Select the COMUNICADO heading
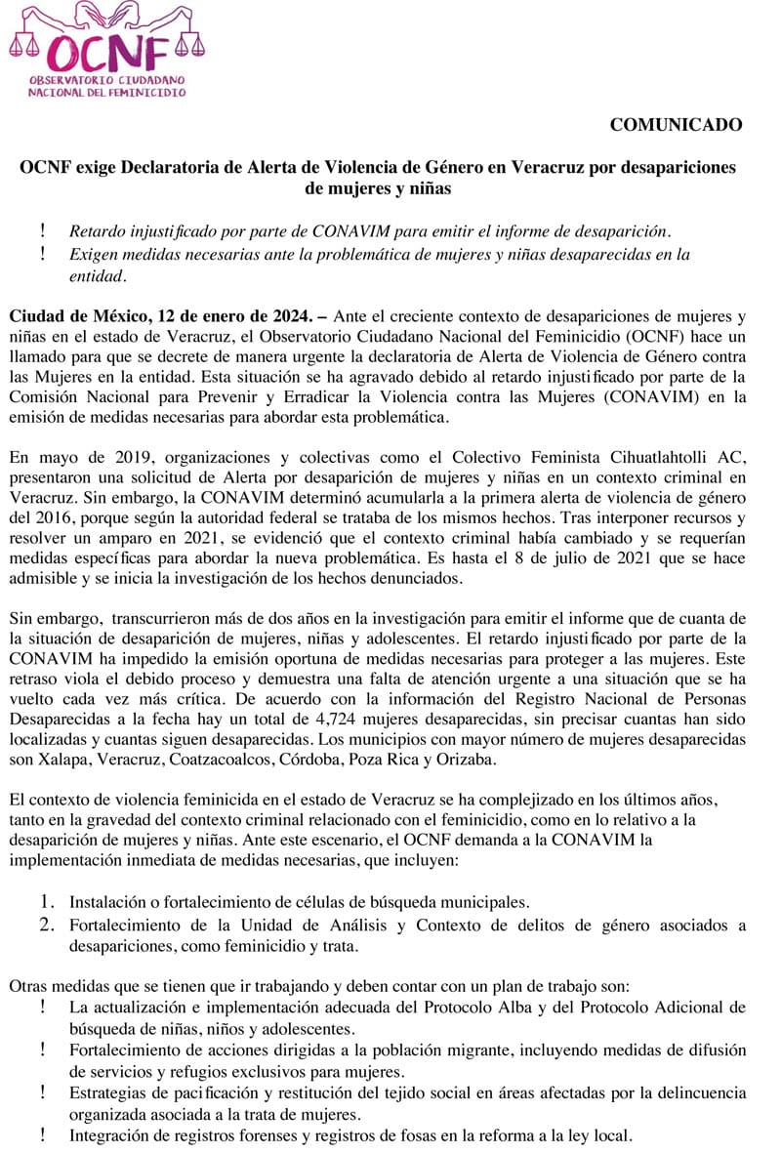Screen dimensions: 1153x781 coord(676,124)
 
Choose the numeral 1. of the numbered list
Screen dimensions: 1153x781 coord(50,901)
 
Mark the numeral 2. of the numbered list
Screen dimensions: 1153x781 coord(50,926)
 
